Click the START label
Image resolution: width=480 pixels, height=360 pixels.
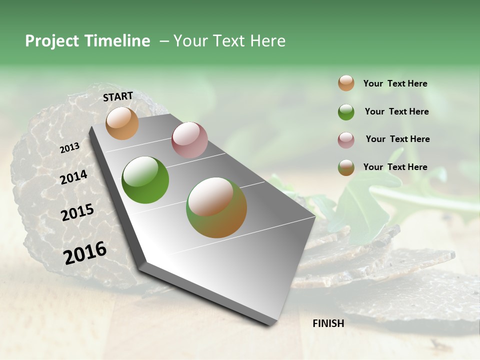tap(118, 96)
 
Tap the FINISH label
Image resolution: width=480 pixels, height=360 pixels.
tap(328, 323)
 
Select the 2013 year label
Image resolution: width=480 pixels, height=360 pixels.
tap(69, 148)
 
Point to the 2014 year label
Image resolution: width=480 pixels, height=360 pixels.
tap(73, 177)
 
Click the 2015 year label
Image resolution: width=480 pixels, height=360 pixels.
tap(77, 212)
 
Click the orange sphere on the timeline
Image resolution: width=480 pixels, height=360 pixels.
tap(122, 123)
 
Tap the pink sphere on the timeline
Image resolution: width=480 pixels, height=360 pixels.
tap(189, 139)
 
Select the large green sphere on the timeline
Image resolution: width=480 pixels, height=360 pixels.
tap(145, 180)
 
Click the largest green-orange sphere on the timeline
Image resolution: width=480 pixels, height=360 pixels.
tap(216, 207)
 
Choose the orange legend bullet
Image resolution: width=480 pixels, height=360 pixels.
tap(346, 83)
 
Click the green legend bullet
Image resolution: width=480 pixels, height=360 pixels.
tap(346, 112)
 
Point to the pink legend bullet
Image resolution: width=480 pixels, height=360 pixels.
tap(346, 140)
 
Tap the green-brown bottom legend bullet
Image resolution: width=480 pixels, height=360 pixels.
tap(346, 167)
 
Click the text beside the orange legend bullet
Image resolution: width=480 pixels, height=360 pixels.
tap(395, 83)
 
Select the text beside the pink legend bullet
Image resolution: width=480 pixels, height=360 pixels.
tap(397, 139)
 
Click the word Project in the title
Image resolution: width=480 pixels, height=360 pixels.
tap(52, 41)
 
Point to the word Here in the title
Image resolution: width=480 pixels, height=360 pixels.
tap(267, 41)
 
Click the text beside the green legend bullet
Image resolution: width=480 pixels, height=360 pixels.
tap(396, 111)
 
